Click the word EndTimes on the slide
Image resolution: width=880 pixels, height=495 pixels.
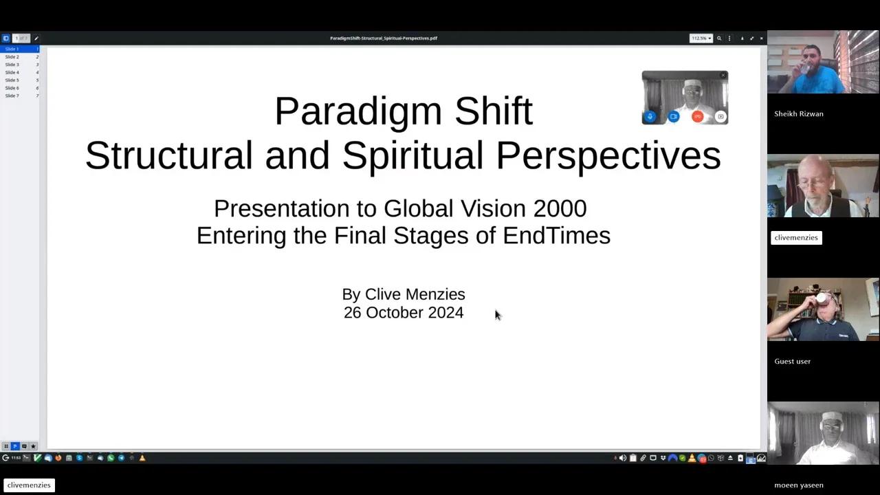[556, 235]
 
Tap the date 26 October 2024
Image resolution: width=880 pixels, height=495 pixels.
[404, 313]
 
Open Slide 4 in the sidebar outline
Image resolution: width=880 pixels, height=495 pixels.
[12, 72]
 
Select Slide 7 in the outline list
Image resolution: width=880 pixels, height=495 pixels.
[12, 96]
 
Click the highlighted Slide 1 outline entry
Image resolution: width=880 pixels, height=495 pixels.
[12, 49]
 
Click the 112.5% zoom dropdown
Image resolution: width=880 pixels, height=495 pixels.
[701, 38]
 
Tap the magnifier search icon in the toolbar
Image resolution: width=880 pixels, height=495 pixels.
[719, 38]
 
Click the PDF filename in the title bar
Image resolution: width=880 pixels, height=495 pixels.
[384, 38]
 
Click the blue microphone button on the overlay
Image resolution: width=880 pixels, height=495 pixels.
[650, 117]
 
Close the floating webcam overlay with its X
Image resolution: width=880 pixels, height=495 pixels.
[723, 75]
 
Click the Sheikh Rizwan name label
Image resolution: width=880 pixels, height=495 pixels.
[798, 114]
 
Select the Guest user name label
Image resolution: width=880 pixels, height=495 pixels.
[792, 362]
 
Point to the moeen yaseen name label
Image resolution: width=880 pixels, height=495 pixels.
[798, 485]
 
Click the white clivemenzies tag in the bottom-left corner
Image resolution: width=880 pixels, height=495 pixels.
[29, 485]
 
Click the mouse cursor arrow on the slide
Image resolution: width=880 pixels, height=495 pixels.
[498, 315]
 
